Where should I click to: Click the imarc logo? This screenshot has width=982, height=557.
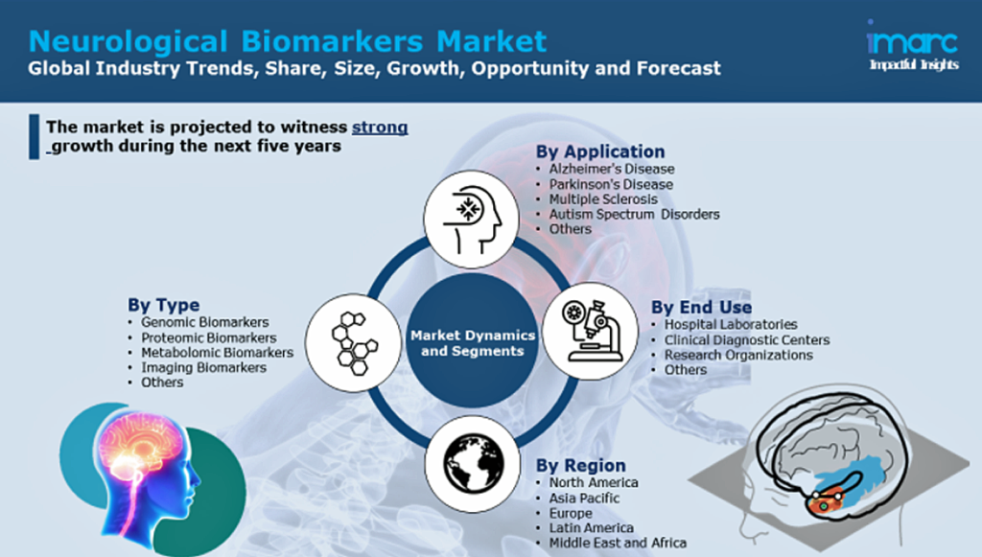click(913, 46)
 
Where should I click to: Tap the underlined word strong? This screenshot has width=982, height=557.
click(380, 128)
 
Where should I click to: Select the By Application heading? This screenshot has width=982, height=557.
click(600, 151)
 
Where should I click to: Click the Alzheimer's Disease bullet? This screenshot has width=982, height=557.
click(611, 169)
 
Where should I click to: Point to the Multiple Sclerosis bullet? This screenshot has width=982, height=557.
click(603, 199)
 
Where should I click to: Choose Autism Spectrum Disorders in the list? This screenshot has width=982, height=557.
click(635, 214)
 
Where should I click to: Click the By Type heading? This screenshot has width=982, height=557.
click(163, 305)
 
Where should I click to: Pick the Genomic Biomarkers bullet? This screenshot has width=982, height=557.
click(205, 322)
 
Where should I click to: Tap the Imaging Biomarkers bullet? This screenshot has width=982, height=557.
click(203, 367)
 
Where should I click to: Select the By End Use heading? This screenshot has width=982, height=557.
click(701, 308)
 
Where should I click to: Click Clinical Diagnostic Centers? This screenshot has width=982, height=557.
click(746, 339)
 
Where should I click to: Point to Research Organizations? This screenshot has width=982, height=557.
click(738, 355)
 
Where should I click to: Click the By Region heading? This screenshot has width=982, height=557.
click(580, 466)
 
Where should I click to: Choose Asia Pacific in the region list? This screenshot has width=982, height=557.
click(584, 499)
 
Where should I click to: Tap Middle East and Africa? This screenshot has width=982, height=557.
click(618, 544)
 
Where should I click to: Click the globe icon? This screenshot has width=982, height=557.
click(474, 464)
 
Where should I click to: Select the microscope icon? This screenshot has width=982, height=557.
click(591, 331)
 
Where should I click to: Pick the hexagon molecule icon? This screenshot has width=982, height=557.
click(355, 343)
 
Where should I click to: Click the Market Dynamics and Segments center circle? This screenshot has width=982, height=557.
click(473, 343)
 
